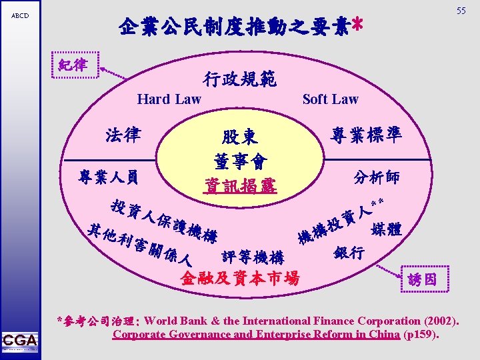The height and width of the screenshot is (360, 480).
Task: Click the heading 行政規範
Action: (x=238, y=80)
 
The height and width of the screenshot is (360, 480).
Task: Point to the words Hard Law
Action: (x=169, y=99)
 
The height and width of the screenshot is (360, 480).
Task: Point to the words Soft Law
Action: (x=330, y=99)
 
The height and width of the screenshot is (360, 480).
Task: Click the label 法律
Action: (x=123, y=135)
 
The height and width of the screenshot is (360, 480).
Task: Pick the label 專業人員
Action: (x=109, y=177)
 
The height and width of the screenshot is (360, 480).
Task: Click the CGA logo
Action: (x=19, y=340)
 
